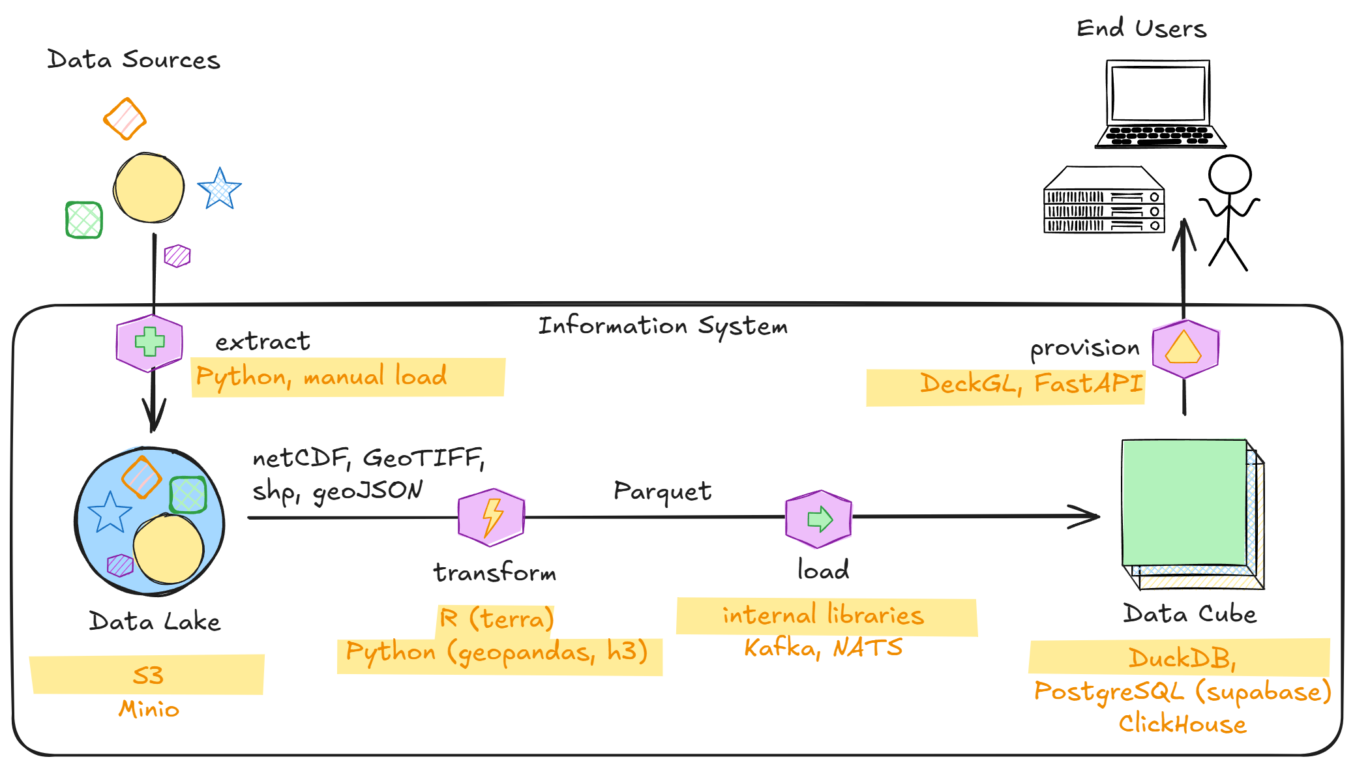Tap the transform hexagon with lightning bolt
click(x=492, y=518)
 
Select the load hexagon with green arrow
click(x=819, y=519)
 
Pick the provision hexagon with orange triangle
click(x=1185, y=349)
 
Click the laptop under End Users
click(x=1159, y=104)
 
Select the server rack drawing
click(x=1104, y=200)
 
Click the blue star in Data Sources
click(x=220, y=189)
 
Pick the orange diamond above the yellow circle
click(x=125, y=119)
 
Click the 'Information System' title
click(x=663, y=325)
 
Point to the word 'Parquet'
click(x=662, y=491)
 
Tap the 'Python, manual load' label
click(x=321, y=377)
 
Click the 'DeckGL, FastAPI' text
click(x=1031, y=383)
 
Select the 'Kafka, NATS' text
click(x=823, y=647)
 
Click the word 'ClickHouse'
click(x=1182, y=724)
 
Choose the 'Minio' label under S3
click(x=149, y=709)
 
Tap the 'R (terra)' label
click(x=496, y=618)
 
